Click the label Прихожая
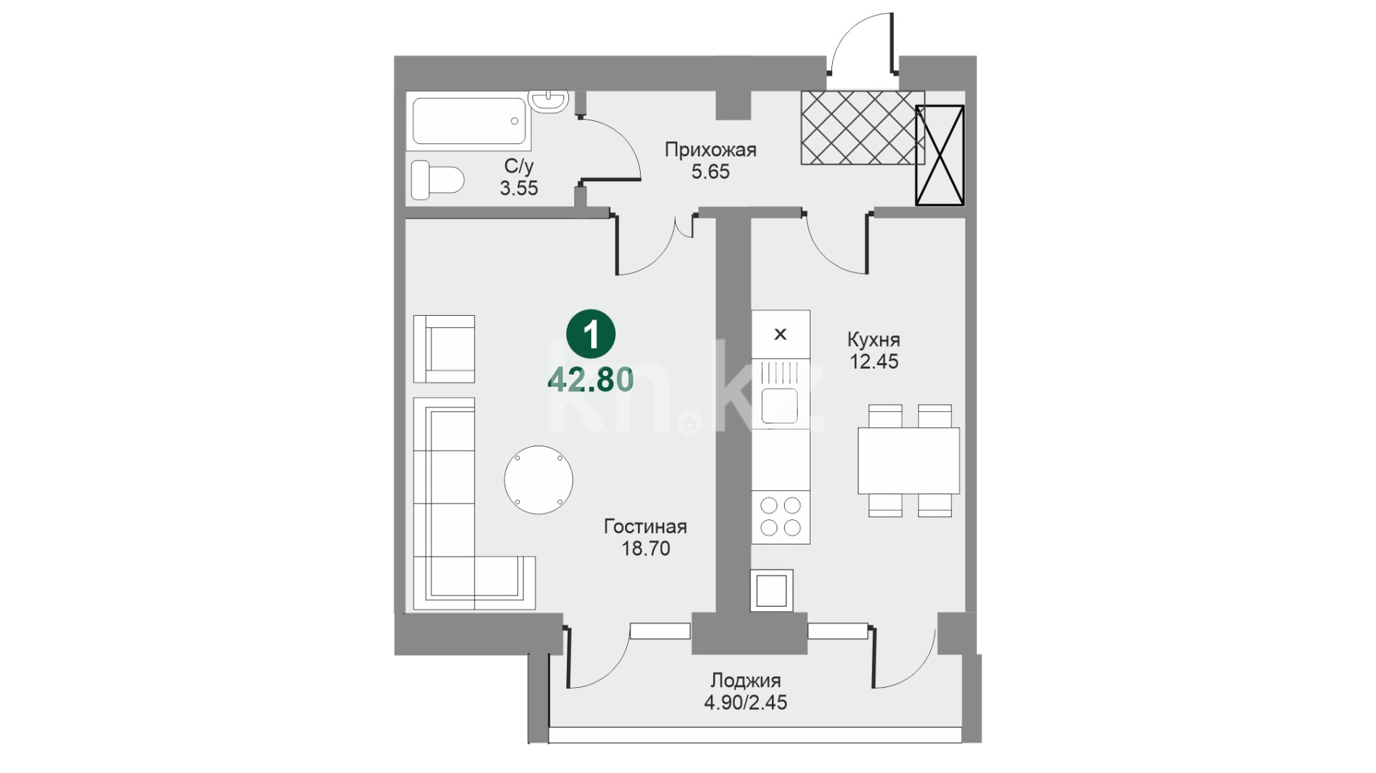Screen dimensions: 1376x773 point(710,150)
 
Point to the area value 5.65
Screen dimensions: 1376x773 point(710,172)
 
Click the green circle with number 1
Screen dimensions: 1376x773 point(591,334)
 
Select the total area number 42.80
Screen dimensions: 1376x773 point(591,380)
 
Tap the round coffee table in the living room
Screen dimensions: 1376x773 point(538,480)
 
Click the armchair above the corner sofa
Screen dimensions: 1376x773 point(444,349)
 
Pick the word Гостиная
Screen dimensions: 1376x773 point(645,527)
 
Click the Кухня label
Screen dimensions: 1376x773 point(874,340)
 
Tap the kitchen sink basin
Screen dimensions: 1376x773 point(780,405)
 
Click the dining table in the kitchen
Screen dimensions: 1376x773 point(909,461)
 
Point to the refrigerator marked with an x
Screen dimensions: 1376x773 point(780,334)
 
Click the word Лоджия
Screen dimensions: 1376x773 point(745,681)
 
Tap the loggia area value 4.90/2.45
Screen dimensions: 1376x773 point(745,703)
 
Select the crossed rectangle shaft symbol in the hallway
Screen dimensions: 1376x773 point(940,155)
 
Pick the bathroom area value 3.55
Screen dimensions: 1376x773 point(519,188)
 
